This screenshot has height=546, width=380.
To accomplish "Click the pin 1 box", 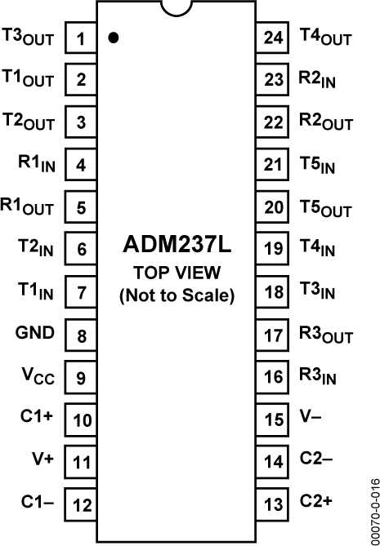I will pyautogui.click(x=81, y=38).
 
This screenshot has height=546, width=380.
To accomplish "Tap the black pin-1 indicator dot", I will pyautogui.click(x=114, y=38).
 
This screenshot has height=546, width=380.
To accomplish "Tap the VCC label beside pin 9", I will pyautogui.click(x=38, y=376).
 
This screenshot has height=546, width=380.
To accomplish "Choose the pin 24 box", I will pyautogui.click(x=274, y=38).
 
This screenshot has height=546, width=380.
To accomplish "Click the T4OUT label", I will pyautogui.click(x=325, y=38).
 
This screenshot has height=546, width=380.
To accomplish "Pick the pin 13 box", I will pyautogui.click(x=274, y=502).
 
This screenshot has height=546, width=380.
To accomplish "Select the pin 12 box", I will pyautogui.click(x=81, y=503).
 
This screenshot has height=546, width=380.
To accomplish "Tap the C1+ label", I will pyautogui.click(x=38, y=417).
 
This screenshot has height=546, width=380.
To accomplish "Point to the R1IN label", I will pyautogui.click(x=34, y=163).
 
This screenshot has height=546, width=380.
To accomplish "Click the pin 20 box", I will pyautogui.click(x=274, y=207).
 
